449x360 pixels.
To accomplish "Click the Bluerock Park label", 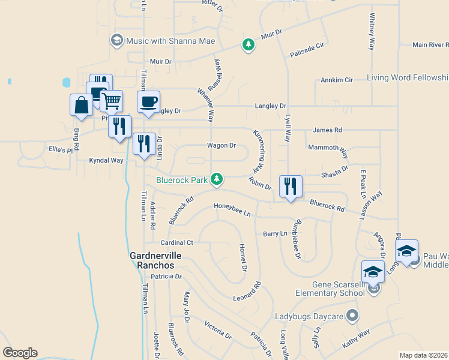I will point(181,179).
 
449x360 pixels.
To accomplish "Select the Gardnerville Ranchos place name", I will point(152,260).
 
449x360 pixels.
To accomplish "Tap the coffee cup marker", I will point(148,102).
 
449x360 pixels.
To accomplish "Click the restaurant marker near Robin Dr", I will point(291,187).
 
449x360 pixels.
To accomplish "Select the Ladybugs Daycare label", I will point(309,316).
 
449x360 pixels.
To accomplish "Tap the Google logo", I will point(20,353).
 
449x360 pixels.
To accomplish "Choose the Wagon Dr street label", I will point(221,145).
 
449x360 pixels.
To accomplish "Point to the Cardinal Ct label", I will point(176,243).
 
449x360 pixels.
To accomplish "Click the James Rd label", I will point(327,130).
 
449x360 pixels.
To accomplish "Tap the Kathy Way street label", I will point(356,341).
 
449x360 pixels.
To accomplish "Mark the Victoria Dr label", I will point(217,329).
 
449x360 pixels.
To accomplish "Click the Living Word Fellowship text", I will point(408,78).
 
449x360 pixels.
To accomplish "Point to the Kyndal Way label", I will point(106,160).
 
